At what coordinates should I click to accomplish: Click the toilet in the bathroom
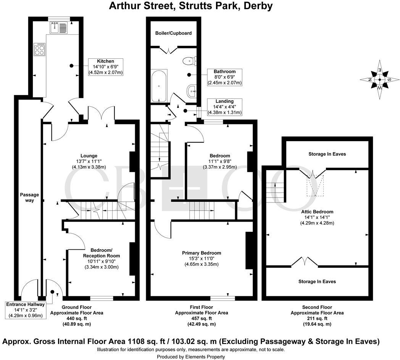[x=189, y=61]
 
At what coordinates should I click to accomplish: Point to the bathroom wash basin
[x=192, y=90]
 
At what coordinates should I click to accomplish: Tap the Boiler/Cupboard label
[x=173, y=33]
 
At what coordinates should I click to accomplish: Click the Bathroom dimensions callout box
[x=224, y=77]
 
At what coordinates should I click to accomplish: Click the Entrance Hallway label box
[x=25, y=310]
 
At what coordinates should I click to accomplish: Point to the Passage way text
[x=29, y=198]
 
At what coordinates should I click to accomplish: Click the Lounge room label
[x=89, y=156]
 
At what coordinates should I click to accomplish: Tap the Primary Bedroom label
[x=202, y=253]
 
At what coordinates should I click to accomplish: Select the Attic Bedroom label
[x=317, y=212]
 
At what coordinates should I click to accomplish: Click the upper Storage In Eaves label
[x=327, y=154]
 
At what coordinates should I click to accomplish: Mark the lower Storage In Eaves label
[x=317, y=281]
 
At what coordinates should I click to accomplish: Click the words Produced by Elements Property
[x=191, y=357]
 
